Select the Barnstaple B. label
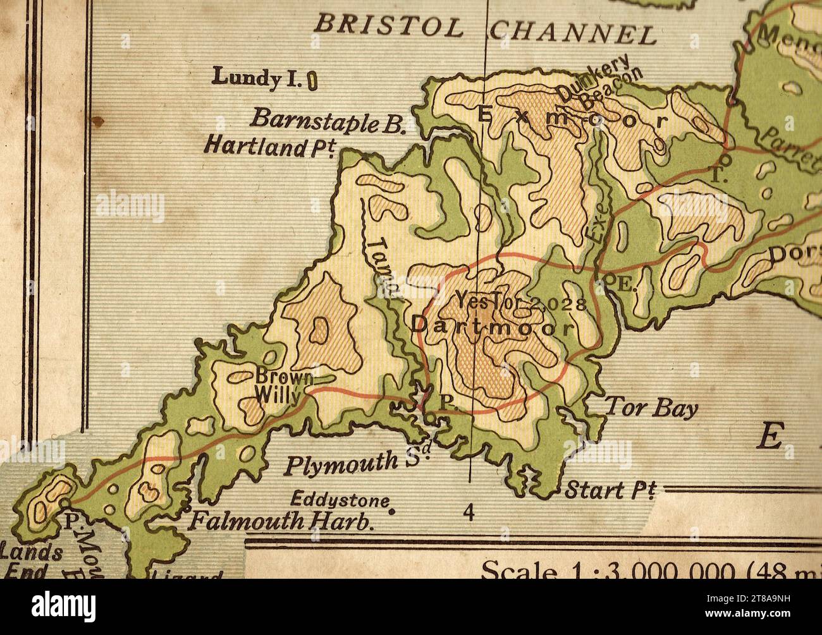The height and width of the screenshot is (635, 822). [x=328, y=119]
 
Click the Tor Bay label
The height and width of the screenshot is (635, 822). [x=651, y=409]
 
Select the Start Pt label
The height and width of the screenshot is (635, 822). [x=610, y=490]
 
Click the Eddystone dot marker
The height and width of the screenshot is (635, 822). [x=392, y=512]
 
